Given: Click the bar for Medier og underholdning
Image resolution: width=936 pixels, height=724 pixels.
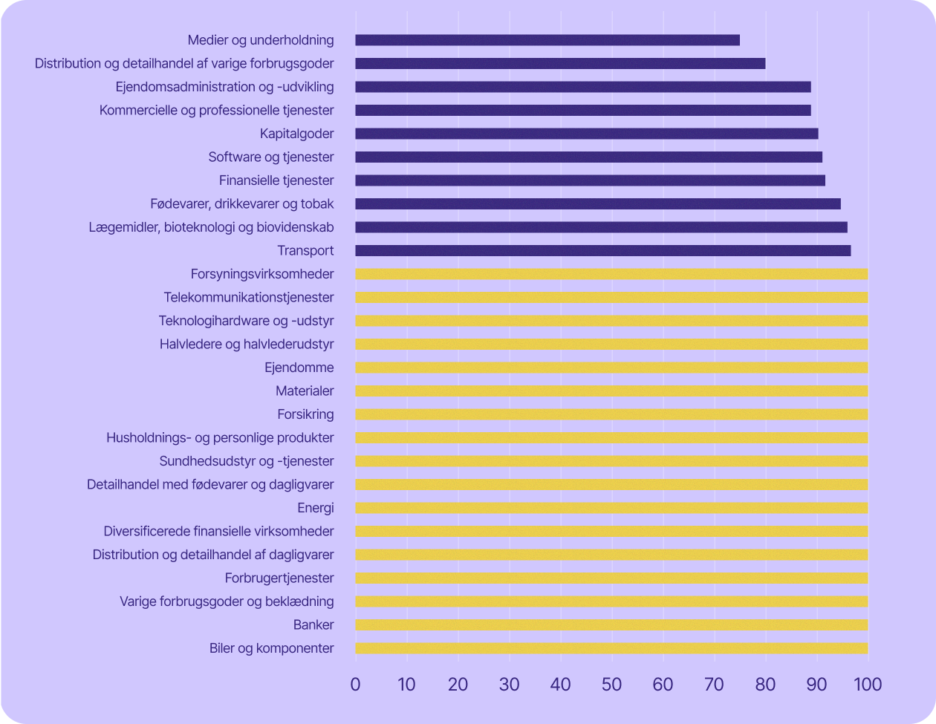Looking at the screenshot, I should [x=547, y=40].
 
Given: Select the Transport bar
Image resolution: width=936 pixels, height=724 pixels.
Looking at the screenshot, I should [x=603, y=251].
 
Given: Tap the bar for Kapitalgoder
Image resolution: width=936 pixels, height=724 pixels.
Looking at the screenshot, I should [x=587, y=134].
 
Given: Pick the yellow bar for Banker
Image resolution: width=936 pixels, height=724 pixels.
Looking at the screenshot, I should [x=611, y=625].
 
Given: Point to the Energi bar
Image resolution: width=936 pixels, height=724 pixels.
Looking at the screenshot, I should [x=611, y=508].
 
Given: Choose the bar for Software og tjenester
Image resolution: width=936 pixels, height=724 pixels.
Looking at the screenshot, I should [x=589, y=157].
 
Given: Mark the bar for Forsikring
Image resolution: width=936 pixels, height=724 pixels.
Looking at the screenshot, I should [x=611, y=414].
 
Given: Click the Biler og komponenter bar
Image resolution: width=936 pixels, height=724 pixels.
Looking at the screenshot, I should [x=611, y=648].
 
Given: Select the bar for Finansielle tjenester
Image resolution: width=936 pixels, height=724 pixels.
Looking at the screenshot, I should [x=591, y=180].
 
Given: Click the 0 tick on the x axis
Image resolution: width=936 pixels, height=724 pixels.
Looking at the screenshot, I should [x=355, y=684].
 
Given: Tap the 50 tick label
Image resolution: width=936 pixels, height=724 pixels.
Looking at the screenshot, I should [x=611, y=684].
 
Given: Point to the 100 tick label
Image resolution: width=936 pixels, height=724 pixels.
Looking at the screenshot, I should [x=868, y=684].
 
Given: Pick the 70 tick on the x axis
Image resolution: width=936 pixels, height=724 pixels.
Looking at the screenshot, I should [x=714, y=684].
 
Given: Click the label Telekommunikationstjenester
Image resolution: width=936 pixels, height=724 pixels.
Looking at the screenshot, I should [x=249, y=298].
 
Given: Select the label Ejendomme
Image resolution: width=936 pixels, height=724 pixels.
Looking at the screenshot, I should [x=299, y=368].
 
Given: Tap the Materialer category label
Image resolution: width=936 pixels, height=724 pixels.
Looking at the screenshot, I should [x=305, y=391].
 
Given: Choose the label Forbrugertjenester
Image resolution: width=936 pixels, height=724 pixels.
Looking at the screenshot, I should [x=279, y=578].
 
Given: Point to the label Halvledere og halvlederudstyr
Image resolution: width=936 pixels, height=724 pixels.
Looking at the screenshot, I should [x=247, y=344].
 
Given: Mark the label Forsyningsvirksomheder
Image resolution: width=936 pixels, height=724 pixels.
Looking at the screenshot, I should [x=262, y=274].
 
